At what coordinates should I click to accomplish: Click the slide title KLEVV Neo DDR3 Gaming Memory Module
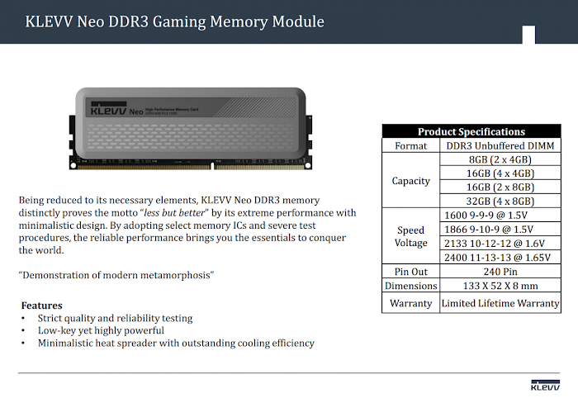pos(174,21)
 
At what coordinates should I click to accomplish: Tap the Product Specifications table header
pos(471,131)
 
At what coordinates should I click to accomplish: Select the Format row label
pos(411,145)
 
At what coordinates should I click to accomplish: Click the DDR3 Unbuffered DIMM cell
pos(500,145)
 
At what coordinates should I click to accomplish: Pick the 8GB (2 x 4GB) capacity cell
pos(500,159)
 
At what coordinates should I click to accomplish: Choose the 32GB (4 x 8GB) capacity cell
pos(500,201)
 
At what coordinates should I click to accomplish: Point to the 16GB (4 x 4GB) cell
pos(500,173)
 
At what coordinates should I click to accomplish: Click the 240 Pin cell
pos(500,271)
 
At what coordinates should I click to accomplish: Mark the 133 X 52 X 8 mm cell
pos(500,286)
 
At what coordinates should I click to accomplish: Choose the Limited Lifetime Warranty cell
pos(500,303)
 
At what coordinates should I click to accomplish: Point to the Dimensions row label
pos(411,286)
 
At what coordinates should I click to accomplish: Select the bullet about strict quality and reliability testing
pos(115,318)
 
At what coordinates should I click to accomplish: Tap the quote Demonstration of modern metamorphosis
pos(116,274)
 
